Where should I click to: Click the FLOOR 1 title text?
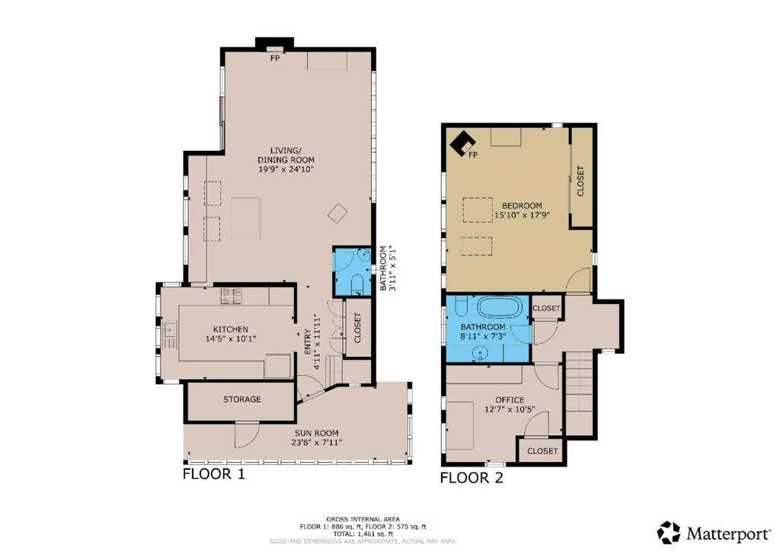pos(214,473)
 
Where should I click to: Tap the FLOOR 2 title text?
pos(472,478)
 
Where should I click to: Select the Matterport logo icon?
pos(669,532)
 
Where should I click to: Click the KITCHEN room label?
pos(230,329)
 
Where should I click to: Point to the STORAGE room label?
pos(241,400)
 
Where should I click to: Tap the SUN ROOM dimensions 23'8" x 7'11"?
pos(316,442)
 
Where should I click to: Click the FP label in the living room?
pos(275,58)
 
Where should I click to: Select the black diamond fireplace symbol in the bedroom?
pos(461,143)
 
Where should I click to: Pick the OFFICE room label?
pos(510,400)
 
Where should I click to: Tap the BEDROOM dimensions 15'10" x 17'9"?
pos(522,216)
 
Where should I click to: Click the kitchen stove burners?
pos(231,296)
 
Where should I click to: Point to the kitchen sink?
pos(170,329)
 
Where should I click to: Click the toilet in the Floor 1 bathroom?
pos(357,284)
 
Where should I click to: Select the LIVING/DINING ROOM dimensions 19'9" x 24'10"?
pos(286,169)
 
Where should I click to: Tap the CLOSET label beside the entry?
pos(357,328)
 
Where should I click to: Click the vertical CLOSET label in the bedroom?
pos(580,181)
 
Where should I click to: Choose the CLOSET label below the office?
pos(542,451)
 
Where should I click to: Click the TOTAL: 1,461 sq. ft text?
pos(363,534)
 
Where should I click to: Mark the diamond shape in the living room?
pos(337,213)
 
